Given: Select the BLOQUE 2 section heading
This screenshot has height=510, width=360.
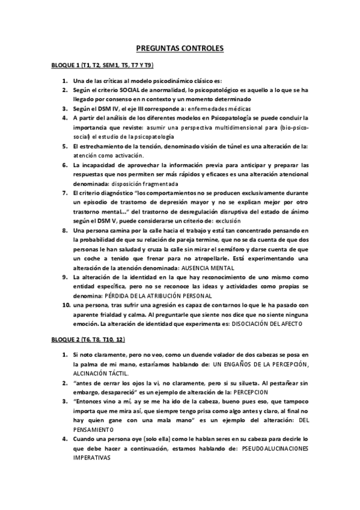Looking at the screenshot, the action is point(88,340).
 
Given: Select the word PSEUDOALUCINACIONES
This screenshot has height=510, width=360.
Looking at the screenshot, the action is point(273,447).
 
